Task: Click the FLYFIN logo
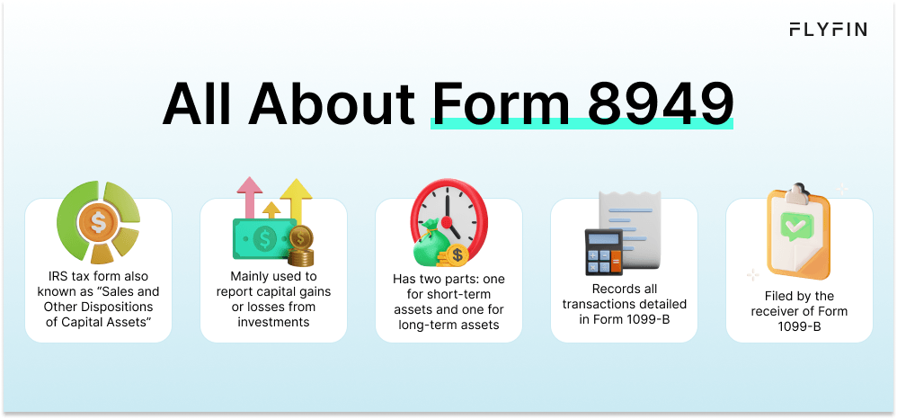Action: click(x=828, y=29)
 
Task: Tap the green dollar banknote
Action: click(x=264, y=237)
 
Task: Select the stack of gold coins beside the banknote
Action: click(x=300, y=246)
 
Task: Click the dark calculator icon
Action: click(x=603, y=253)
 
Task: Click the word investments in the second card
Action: click(x=273, y=322)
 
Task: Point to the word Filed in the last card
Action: click(x=778, y=297)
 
